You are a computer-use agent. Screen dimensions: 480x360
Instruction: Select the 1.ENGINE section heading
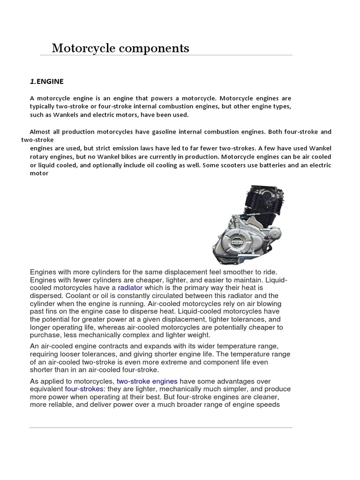tap(46, 82)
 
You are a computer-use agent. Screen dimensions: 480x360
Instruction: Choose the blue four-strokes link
tap(84, 389)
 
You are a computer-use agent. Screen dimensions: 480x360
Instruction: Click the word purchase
tap(45, 335)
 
